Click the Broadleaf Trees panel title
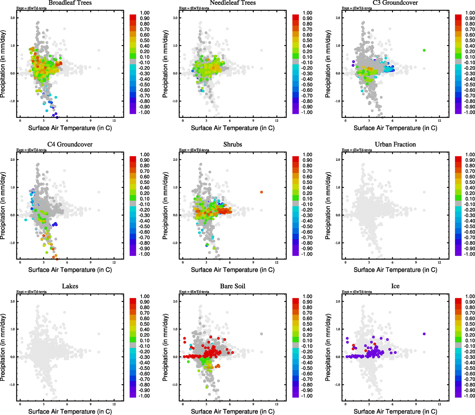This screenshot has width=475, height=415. click(70, 3)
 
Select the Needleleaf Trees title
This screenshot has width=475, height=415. click(232, 3)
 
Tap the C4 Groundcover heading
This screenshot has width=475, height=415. click(70, 145)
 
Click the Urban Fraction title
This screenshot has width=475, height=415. click(395, 145)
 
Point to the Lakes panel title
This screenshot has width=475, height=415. click(70, 286)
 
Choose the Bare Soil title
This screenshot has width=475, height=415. click(232, 286)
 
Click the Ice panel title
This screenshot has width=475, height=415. click(395, 286)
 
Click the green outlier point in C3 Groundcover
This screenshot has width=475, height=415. click(424, 50)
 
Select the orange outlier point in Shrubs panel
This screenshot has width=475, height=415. click(262, 192)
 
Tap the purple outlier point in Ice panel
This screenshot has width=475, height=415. click(424, 334)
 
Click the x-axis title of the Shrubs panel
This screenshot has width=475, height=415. click(232, 270)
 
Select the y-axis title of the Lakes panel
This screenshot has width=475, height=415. click(3, 348)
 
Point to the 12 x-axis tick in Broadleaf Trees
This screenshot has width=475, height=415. click(114, 121)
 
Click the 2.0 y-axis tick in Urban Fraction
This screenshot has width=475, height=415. click(338, 160)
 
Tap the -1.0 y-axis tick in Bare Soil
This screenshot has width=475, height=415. click(175, 385)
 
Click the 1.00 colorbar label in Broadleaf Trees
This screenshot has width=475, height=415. click(145, 13)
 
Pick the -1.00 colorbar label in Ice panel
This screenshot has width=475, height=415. click(469, 396)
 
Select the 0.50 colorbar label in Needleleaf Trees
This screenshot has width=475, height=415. click(307, 40)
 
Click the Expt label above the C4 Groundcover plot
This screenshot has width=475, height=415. click(31, 150)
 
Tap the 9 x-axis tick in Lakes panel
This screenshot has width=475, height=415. click(91, 404)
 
